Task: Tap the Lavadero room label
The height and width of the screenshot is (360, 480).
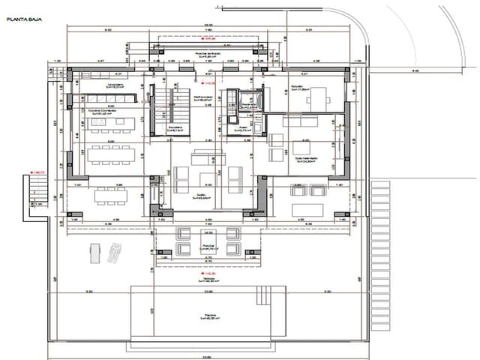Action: click(117, 85)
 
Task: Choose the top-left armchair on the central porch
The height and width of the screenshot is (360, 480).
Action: click(184, 233)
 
